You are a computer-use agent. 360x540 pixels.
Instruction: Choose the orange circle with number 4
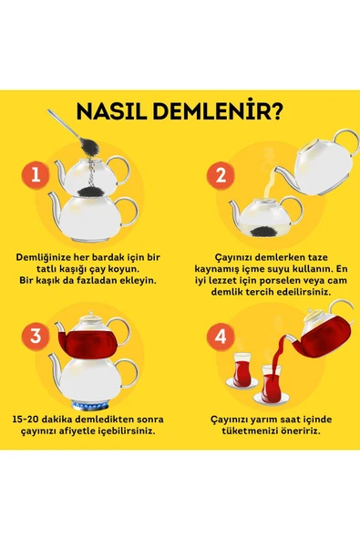click(x=218, y=337)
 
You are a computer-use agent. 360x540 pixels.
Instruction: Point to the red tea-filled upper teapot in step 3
click(x=90, y=342)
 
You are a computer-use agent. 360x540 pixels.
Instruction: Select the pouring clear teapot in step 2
click(x=314, y=164)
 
